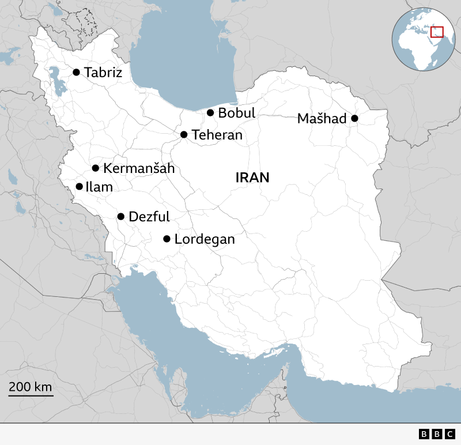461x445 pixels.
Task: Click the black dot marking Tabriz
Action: point(76,72)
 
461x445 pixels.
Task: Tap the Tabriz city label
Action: point(103,72)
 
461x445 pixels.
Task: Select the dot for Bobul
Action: point(210,113)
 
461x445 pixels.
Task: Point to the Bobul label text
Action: point(236,113)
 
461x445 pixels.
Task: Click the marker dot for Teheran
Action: point(184,134)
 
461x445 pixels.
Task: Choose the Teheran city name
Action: point(217,135)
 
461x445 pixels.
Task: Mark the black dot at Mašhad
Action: point(354,118)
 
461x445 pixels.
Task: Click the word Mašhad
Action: point(322,119)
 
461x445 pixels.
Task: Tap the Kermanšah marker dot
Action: point(96,168)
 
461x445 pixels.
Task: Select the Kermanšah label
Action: point(138,168)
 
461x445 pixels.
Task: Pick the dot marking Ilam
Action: point(80,186)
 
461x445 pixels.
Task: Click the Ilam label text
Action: point(99,187)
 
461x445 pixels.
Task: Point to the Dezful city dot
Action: point(121,217)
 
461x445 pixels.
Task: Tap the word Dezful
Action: point(149,217)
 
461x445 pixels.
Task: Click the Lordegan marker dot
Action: point(167,239)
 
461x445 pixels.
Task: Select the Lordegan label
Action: point(205,239)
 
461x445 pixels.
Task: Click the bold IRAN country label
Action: point(252,178)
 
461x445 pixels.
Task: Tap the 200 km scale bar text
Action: point(31,386)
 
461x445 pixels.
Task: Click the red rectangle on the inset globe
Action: point(437,32)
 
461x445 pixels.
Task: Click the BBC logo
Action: point(437,434)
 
